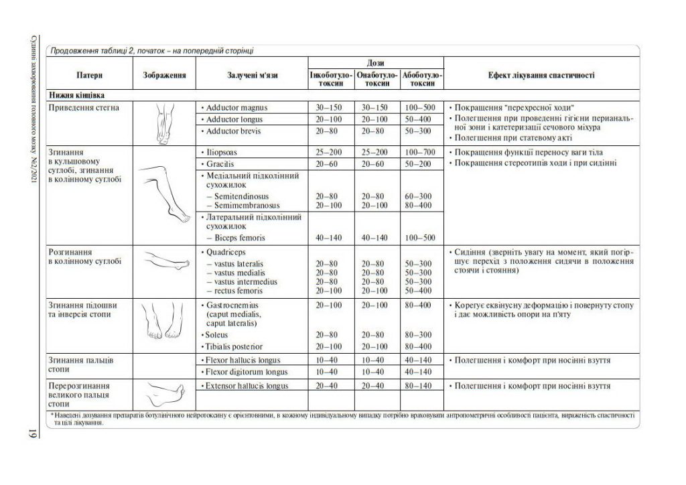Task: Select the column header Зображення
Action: [x=164, y=76]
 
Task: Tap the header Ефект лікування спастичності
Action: [x=541, y=76]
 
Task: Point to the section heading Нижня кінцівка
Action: [x=76, y=95]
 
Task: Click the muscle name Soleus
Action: [x=218, y=334]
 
